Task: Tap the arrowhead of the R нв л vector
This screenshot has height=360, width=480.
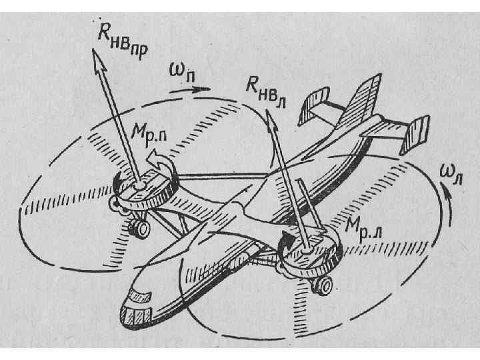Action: point(271,116)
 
